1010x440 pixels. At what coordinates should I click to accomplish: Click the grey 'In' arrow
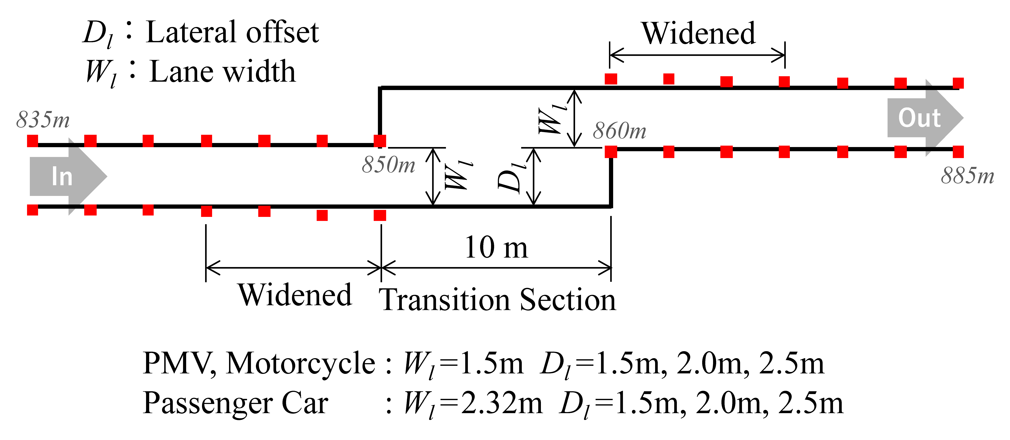[x=67, y=176]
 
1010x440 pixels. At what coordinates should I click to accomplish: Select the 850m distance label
[x=388, y=165]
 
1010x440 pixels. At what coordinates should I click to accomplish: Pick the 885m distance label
[x=967, y=176]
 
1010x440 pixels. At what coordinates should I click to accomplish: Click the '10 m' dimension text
[x=496, y=248]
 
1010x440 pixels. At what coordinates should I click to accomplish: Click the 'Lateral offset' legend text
[x=232, y=32]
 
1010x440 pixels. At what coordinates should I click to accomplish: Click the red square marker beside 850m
[x=380, y=141]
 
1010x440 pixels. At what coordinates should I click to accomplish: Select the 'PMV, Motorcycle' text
[x=259, y=363]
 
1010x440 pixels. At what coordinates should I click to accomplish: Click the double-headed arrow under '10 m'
[x=496, y=268]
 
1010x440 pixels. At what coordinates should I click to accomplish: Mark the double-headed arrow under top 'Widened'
[x=697, y=55]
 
